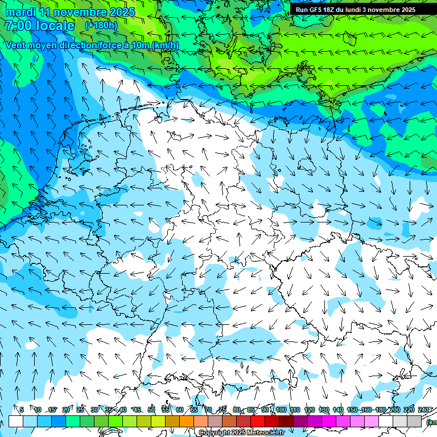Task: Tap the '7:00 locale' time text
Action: [39, 26]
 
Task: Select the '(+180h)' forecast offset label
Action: [101, 26]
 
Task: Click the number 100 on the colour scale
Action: [281, 410]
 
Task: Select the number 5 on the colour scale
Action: [22, 410]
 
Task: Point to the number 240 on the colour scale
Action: [423, 410]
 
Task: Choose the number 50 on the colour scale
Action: [151, 410]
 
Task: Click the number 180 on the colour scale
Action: [380, 410]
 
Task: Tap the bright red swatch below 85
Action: [258, 421]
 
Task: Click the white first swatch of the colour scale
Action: [16, 421]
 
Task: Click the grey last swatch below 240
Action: [414, 421]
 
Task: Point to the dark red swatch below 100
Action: [286, 421]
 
